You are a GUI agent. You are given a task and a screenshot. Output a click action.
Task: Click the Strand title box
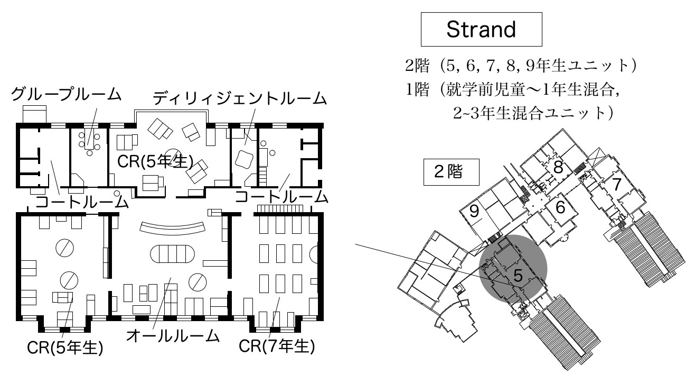[x=481, y=30]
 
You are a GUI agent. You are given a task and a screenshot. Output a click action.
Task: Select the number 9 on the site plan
[x=474, y=212]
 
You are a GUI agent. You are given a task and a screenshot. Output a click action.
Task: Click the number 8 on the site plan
[x=558, y=168]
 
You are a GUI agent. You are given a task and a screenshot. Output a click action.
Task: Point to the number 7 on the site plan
[x=616, y=185]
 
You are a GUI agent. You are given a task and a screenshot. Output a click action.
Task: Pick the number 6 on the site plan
[x=560, y=208]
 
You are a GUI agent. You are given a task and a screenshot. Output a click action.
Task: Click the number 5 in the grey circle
[x=518, y=275]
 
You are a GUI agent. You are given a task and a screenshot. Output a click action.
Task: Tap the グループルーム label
[x=67, y=95]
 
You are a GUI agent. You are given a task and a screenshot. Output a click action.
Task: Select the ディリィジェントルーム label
[x=239, y=98]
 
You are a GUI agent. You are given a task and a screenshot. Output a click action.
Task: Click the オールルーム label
[x=173, y=335]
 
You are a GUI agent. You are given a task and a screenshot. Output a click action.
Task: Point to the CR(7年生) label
[x=277, y=346]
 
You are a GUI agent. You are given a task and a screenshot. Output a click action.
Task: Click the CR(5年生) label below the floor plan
[x=65, y=348]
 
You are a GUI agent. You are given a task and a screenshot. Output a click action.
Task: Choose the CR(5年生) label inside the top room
[x=155, y=161]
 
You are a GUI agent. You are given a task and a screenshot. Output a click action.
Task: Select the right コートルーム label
[x=281, y=196]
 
